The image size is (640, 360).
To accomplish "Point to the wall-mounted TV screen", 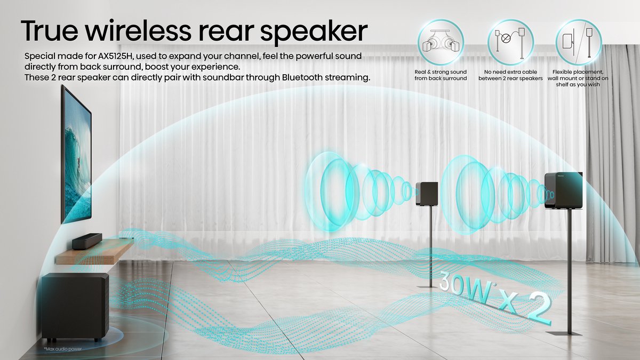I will point(76,155).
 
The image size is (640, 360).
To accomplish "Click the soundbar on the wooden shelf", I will point(87,241).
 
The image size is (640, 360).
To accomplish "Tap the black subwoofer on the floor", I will point(75,307).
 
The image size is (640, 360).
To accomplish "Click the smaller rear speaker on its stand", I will point(427,193).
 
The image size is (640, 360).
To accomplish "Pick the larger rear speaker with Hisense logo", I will point(563,190).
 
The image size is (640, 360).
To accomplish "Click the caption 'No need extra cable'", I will point(510,75).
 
